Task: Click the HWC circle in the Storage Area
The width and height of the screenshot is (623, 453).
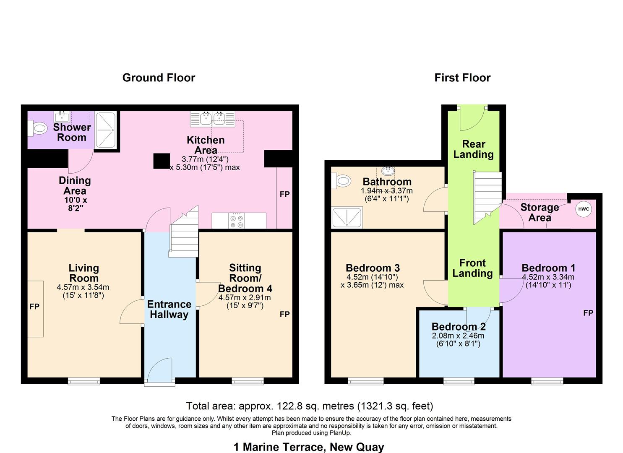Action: [x=584, y=209]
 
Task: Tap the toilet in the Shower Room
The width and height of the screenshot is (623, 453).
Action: [x=37, y=128]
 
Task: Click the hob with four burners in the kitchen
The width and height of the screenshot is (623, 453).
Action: [x=237, y=221]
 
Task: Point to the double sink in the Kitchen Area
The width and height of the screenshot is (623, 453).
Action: [x=212, y=119]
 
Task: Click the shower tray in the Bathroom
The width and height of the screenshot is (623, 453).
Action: [x=347, y=217]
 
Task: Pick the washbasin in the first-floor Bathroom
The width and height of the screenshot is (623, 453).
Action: [x=388, y=171]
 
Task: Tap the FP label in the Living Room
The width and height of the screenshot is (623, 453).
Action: [x=34, y=307]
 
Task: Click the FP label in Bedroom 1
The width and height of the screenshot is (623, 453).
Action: [x=588, y=313]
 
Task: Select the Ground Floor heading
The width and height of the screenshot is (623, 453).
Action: [x=159, y=78]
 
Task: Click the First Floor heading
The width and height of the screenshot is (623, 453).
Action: [x=462, y=78]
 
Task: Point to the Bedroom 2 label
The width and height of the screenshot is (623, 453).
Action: [x=459, y=326]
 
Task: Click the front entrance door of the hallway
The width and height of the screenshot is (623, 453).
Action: [x=159, y=371]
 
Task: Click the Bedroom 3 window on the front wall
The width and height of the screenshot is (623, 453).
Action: [x=365, y=381]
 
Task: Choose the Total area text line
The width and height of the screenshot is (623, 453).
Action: [x=309, y=406]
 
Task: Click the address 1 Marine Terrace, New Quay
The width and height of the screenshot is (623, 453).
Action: [x=308, y=447]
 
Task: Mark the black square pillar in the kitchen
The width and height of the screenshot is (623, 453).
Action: [x=162, y=161]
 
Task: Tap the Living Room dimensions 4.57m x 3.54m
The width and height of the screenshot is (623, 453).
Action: [x=83, y=287]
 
